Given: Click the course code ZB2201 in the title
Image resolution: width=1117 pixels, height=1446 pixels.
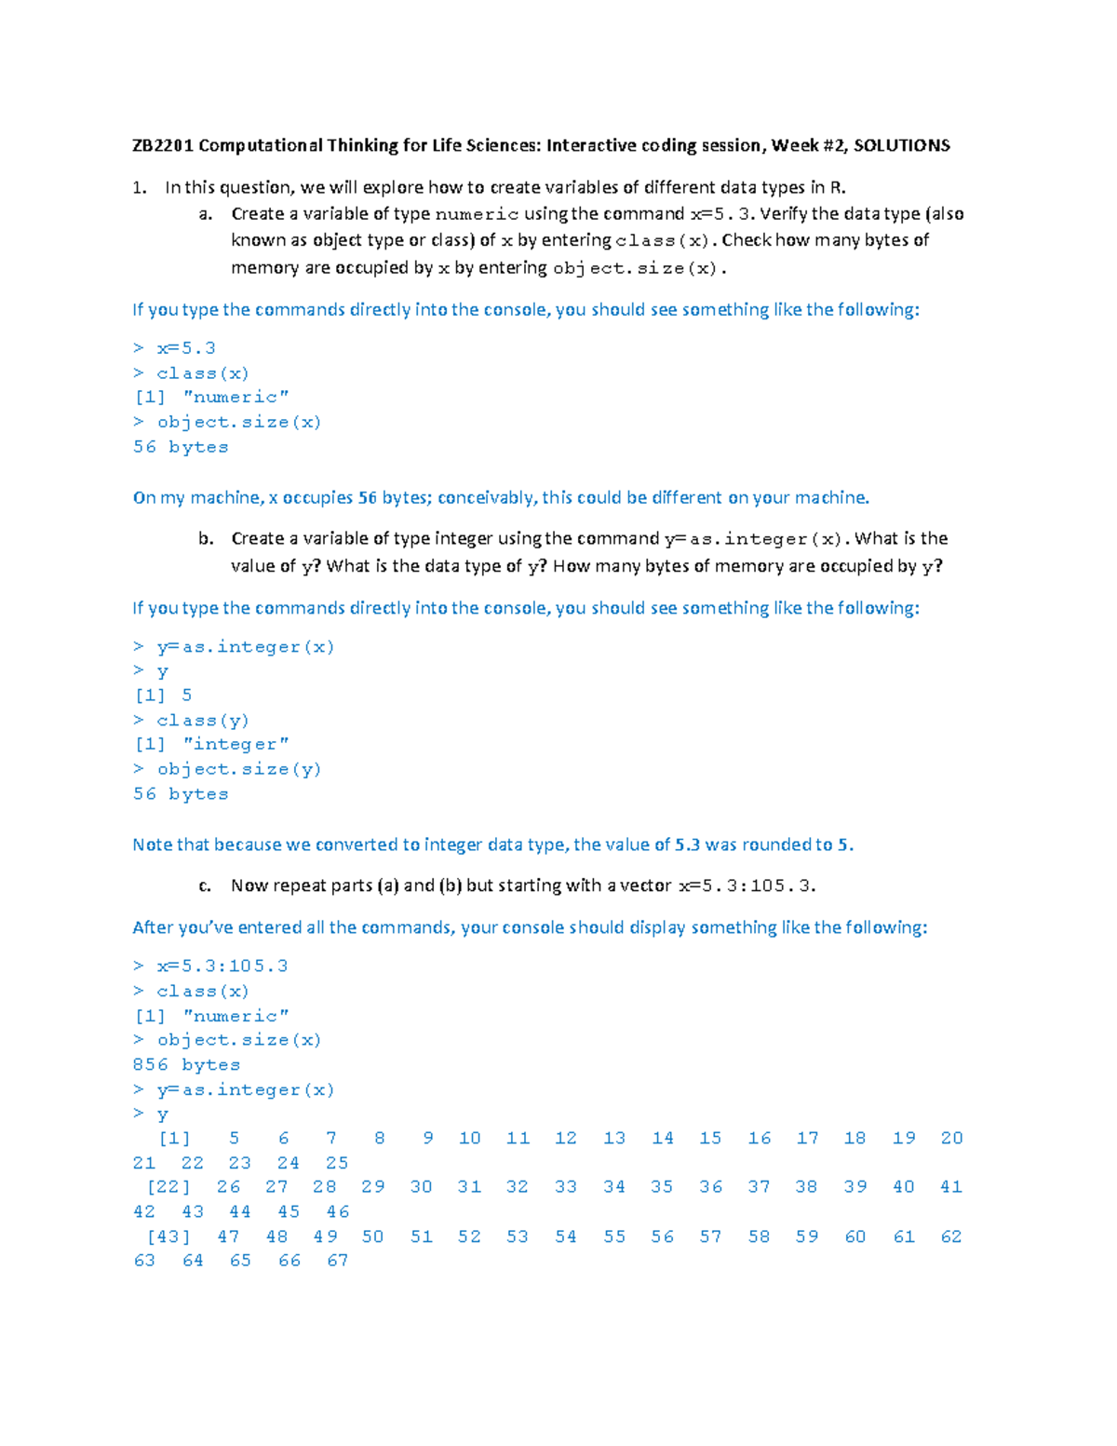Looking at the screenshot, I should click(x=162, y=145).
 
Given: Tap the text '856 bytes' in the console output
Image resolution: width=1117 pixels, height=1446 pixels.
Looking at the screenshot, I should click(x=186, y=1064).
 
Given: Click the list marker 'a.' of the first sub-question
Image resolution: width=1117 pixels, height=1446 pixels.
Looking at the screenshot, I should click(x=206, y=214).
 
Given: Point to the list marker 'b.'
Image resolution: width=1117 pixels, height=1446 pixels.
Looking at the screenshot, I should click(x=206, y=538).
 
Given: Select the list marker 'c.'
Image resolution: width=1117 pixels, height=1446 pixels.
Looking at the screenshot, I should click(x=205, y=885).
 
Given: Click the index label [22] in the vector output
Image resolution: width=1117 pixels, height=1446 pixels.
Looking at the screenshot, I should click(x=168, y=1187).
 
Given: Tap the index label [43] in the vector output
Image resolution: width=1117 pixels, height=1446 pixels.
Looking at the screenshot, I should click(x=168, y=1237).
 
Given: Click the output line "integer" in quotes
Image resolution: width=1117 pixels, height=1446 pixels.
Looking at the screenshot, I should click(x=236, y=744).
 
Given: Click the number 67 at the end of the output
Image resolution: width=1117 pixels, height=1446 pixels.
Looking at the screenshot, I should click(x=337, y=1261).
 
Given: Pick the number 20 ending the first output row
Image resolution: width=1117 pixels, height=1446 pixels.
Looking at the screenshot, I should click(x=951, y=1138).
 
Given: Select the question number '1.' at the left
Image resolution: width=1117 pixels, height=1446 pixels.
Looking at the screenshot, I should click(x=140, y=187).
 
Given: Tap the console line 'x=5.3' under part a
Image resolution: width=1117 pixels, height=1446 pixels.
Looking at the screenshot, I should click(x=185, y=348).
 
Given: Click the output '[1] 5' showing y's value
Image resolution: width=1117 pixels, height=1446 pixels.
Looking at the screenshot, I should click(x=164, y=695).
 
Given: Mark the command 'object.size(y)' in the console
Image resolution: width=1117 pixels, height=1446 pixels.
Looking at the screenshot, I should click(x=238, y=769).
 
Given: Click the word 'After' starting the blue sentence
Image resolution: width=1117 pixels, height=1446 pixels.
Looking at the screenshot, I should click(x=153, y=927).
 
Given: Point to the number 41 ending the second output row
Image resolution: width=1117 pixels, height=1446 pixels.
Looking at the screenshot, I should click(x=951, y=1187).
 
